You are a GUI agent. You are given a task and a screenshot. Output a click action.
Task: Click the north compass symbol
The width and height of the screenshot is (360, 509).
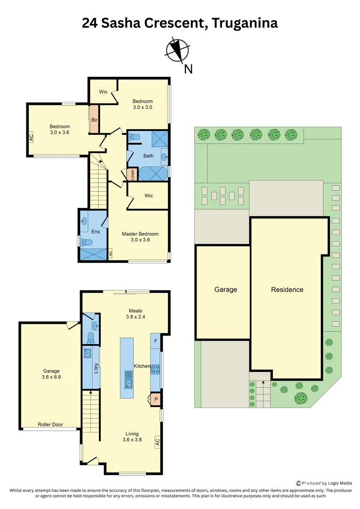click(x=178, y=50)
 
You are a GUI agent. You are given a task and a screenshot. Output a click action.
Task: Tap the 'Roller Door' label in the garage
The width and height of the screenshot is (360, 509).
click(x=50, y=424)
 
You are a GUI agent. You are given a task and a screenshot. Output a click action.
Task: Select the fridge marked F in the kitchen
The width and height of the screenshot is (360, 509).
click(x=155, y=340)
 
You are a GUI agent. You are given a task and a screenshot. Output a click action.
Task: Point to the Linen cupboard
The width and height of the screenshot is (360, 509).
click(x=133, y=174)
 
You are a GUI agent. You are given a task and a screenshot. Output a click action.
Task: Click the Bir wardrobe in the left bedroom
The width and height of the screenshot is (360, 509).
click(x=94, y=120)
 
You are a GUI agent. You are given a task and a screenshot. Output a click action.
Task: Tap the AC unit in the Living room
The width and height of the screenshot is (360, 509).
click(x=157, y=442)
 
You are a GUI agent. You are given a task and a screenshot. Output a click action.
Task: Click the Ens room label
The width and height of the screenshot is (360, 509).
click(x=96, y=231)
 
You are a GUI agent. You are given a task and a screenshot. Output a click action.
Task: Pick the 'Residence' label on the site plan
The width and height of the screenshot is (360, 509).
click(x=287, y=289)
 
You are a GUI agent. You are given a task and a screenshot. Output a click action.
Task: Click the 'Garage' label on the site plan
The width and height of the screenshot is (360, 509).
click(x=226, y=289)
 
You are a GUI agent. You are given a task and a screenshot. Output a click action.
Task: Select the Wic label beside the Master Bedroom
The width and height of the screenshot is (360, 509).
click(x=148, y=196)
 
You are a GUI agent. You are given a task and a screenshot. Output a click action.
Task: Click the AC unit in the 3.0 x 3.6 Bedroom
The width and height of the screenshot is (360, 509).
click(x=31, y=138)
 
